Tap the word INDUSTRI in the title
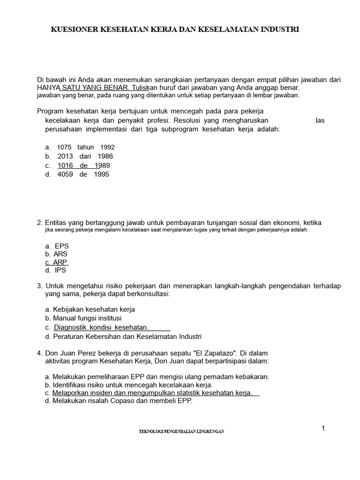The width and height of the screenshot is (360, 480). [x=278, y=29]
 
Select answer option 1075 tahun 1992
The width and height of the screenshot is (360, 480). [x=85, y=147]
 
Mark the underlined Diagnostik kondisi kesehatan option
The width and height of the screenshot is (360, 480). [x=101, y=327]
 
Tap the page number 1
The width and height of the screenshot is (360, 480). [x=323, y=428]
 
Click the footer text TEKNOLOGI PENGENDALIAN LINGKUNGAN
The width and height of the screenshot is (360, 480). [x=181, y=432]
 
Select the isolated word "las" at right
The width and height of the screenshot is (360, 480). [x=320, y=120]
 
